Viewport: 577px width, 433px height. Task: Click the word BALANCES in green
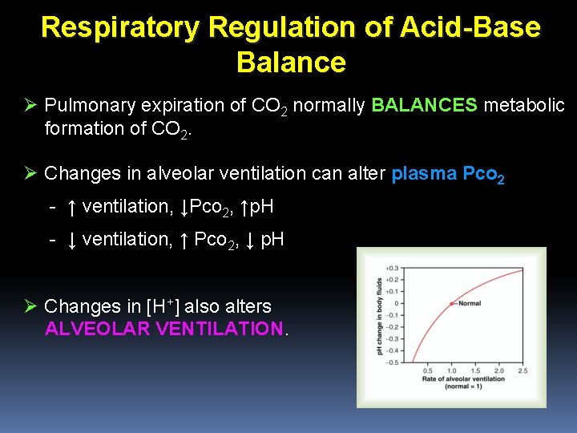pos(425,106)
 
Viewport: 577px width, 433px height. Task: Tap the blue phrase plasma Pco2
pos(448,173)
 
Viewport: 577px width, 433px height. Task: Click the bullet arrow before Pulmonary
pos(31,106)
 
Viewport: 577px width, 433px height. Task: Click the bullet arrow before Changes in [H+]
pos(31,306)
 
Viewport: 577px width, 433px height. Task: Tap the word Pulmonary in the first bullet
pos(89,106)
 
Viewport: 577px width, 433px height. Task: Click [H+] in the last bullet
pos(171,306)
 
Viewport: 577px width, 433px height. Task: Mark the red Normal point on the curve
pos(450,303)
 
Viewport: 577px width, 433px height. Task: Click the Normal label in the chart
pos(468,303)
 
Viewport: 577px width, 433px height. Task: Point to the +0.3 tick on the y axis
pos(392,268)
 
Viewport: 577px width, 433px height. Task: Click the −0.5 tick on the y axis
pos(392,362)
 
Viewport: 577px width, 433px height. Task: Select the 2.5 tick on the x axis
pos(523,371)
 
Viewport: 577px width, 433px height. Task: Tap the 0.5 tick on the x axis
pos(427,371)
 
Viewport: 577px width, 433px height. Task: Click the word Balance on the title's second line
pos(292,63)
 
